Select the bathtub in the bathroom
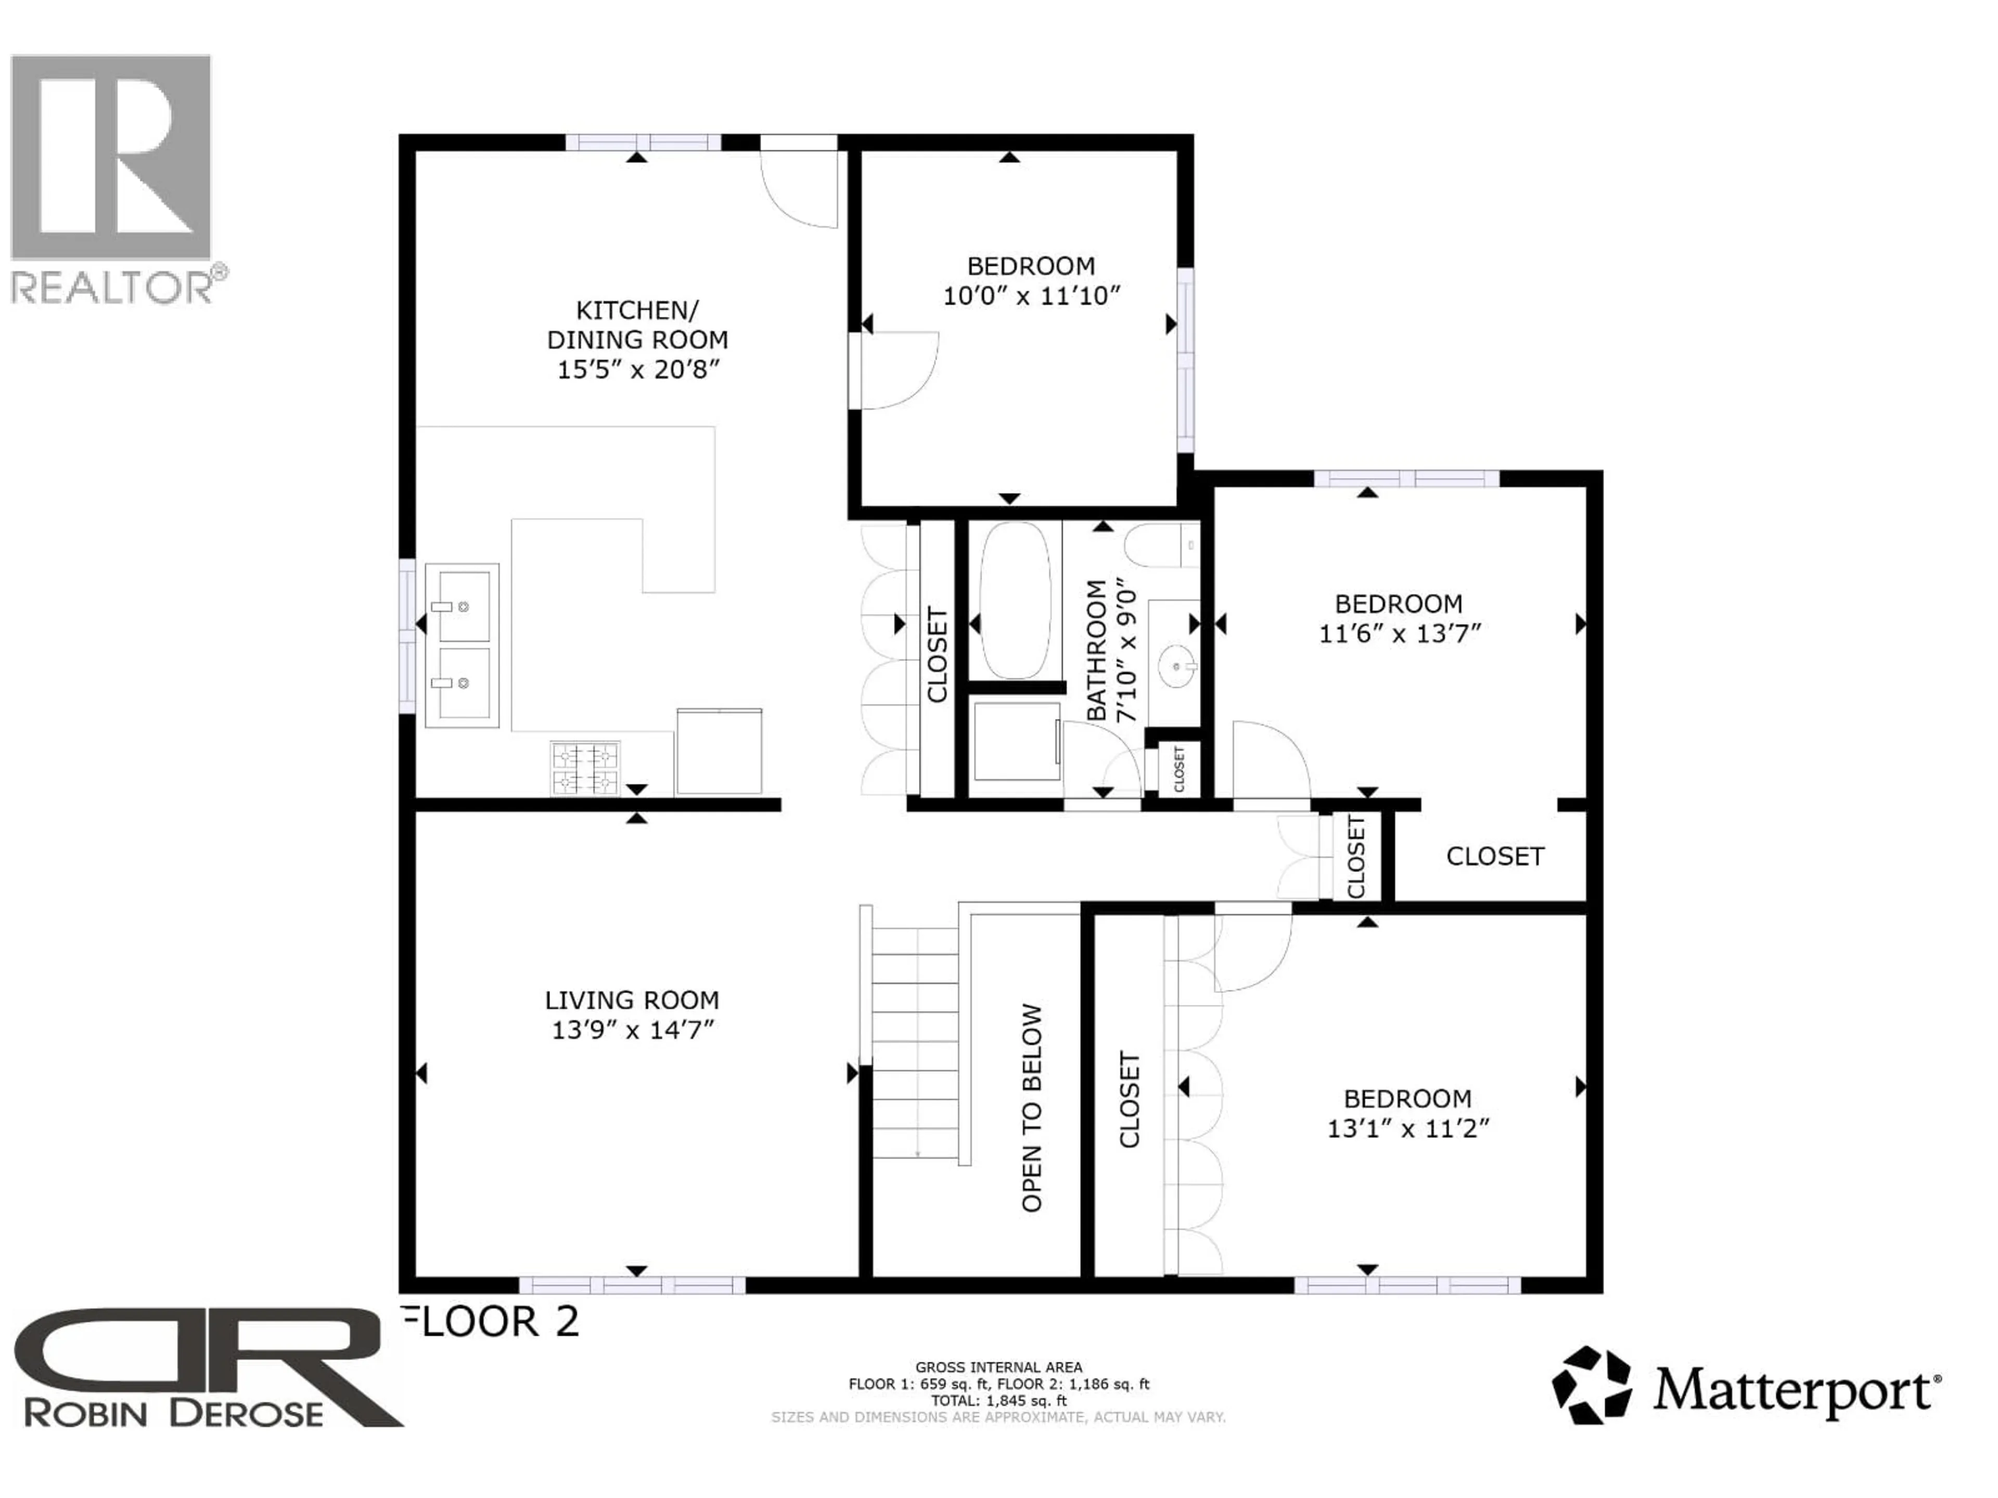coord(1015,600)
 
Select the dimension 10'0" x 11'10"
coord(1031,296)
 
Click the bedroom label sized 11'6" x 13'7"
coord(1398,604)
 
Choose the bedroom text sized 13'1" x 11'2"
coord(1407,1099)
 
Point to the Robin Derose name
coord(173,1413)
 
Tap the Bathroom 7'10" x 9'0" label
coord(1111,650)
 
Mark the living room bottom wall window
coord(632,1285)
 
